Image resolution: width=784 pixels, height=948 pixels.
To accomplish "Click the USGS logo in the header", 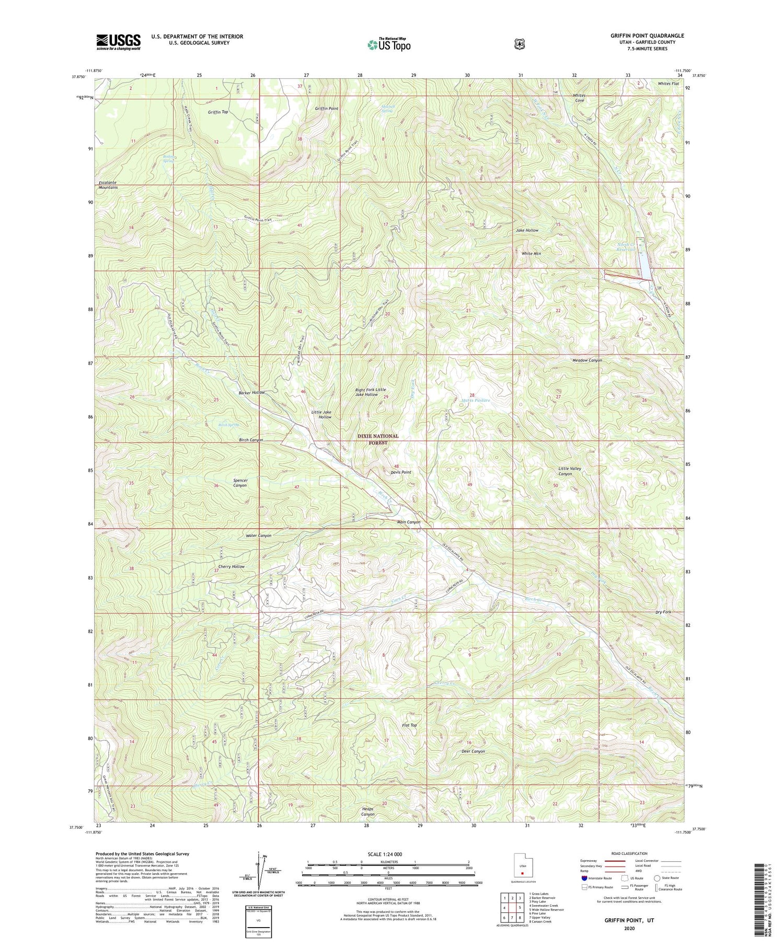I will click(118, 42).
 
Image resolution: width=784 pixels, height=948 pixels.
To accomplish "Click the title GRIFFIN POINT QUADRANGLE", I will click(647, 36).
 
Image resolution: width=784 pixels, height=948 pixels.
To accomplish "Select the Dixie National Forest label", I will click(378, 439).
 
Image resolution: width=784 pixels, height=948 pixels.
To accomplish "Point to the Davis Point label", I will click(401, 472).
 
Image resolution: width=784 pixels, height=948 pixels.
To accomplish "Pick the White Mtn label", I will click(531, 254).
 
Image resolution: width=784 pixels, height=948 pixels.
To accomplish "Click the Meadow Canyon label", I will click(586, 360).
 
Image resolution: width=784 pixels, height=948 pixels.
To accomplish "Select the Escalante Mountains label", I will click(108, 185).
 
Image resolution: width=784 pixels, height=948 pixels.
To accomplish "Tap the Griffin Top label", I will click(217, 112).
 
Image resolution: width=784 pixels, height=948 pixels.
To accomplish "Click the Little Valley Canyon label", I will click(569, 471).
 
